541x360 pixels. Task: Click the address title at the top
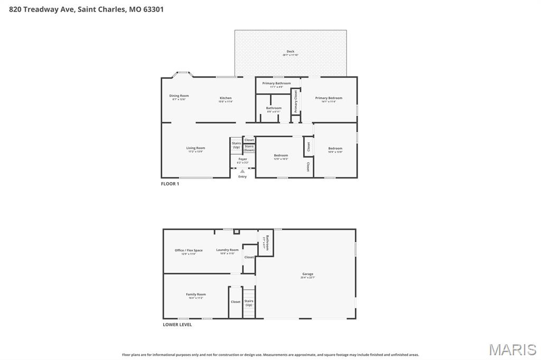pos(82,9)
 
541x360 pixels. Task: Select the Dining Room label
pos(179,97)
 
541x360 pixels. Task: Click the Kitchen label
pos(226,99)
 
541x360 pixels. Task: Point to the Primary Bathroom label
pos(276,84)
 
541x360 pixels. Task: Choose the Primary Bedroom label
pos(329,99)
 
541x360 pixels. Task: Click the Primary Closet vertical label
pos(296,101)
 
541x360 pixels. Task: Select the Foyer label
pos(242,160)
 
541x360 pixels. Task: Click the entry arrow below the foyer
pos(242,171)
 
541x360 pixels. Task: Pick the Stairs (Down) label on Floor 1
pos(249,148)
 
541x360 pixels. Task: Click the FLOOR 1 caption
pos(170,184)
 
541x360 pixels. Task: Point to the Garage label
pos(307,275)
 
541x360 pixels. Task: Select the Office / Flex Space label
pos(189,252)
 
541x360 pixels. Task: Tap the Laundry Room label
pos(227,251)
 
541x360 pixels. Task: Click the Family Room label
pos(195,296)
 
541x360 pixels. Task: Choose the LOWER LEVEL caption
pos(177,325)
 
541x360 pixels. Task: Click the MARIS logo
pos(512,349)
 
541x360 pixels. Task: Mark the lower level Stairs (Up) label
pos(248,302)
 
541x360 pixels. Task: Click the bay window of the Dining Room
pos(183,73)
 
